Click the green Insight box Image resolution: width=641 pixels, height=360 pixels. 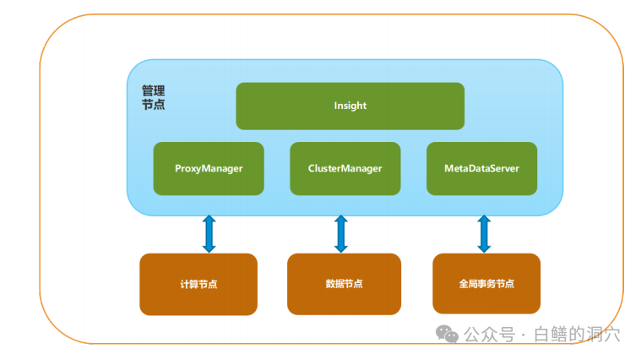point(350,106)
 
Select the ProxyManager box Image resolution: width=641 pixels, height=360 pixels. point(209,168)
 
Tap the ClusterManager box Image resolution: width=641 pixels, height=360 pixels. point(345,168)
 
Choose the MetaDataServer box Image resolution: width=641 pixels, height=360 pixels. point(481,168)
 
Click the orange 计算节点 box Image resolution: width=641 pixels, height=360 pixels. point(198,284)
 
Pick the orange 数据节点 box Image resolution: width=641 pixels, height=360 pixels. point(344,284)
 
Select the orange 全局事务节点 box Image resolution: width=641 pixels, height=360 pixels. point(486,283)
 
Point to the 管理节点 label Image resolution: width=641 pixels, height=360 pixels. point(154,97)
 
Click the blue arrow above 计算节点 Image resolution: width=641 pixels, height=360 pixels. point(209,234)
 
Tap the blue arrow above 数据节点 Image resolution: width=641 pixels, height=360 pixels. point(341,234)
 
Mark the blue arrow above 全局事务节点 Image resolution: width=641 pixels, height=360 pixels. point(484,234)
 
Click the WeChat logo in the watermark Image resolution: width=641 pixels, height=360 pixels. point(447,334)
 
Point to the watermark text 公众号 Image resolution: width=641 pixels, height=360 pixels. point(489,335)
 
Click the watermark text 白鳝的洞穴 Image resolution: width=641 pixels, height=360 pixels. point(577,335)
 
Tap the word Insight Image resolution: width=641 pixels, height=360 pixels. point(350,106)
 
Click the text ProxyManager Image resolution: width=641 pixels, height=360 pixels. point(209,168)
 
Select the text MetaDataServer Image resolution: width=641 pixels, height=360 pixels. point(481,168)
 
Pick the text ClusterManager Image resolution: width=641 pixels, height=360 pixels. point(345,168)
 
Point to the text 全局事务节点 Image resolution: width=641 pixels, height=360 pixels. point(486,283)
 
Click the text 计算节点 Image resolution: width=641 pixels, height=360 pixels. point(198,284)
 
